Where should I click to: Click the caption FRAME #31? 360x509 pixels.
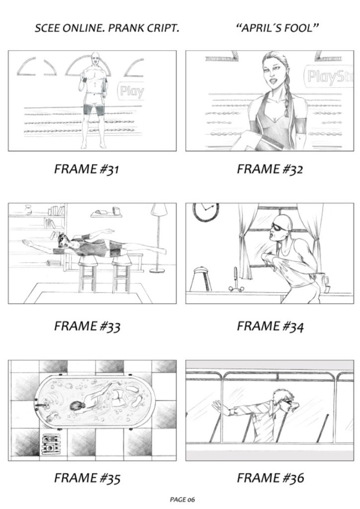pos(87,170)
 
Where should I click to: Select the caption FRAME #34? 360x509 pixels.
pos(270,327)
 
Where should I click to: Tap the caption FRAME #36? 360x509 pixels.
pos(270,478)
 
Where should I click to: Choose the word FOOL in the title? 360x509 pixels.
pos(297,28)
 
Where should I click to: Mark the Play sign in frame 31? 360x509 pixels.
pos(131,91)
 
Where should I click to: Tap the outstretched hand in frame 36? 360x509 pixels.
pos(216,406)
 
